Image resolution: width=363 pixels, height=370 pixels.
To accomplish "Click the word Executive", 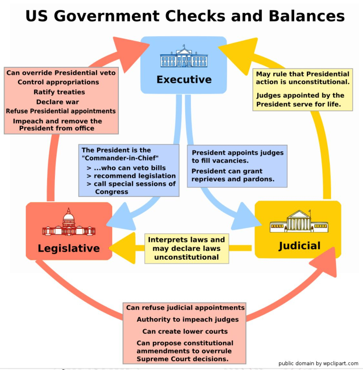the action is pyautogui.click(x=184, y=80).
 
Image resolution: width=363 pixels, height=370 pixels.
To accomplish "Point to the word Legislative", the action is pyautogui.click(x=69, y=248).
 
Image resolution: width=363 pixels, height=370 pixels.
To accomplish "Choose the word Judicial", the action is pyautogui.click(x=299, y=246).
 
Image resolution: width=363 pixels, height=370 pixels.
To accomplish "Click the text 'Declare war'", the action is pyautogui.click(x=57, y=102).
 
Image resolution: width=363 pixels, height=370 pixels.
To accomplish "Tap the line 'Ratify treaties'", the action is pyautogui.click(x=59, y=92).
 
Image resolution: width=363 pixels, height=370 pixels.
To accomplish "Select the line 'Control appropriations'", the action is pyautogui.click(x=58, y=82).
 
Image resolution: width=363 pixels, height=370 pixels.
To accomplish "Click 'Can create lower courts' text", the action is pyautogui.click(x=185, y=331).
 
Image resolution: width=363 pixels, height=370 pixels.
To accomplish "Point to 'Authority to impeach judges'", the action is pyautogui.click(x=188, y=319).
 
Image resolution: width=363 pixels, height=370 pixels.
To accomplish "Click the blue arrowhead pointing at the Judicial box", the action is pyautogui.click(x=246, y=217).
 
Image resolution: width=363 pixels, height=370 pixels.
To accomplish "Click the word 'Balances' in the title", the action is pyautogui.click(x=307, y=16).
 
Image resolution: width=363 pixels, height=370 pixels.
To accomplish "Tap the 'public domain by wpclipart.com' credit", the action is pyautogui.click(x=318, y=364).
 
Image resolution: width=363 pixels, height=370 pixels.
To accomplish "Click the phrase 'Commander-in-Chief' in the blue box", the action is pyautogui.click(x=120, y=158).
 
